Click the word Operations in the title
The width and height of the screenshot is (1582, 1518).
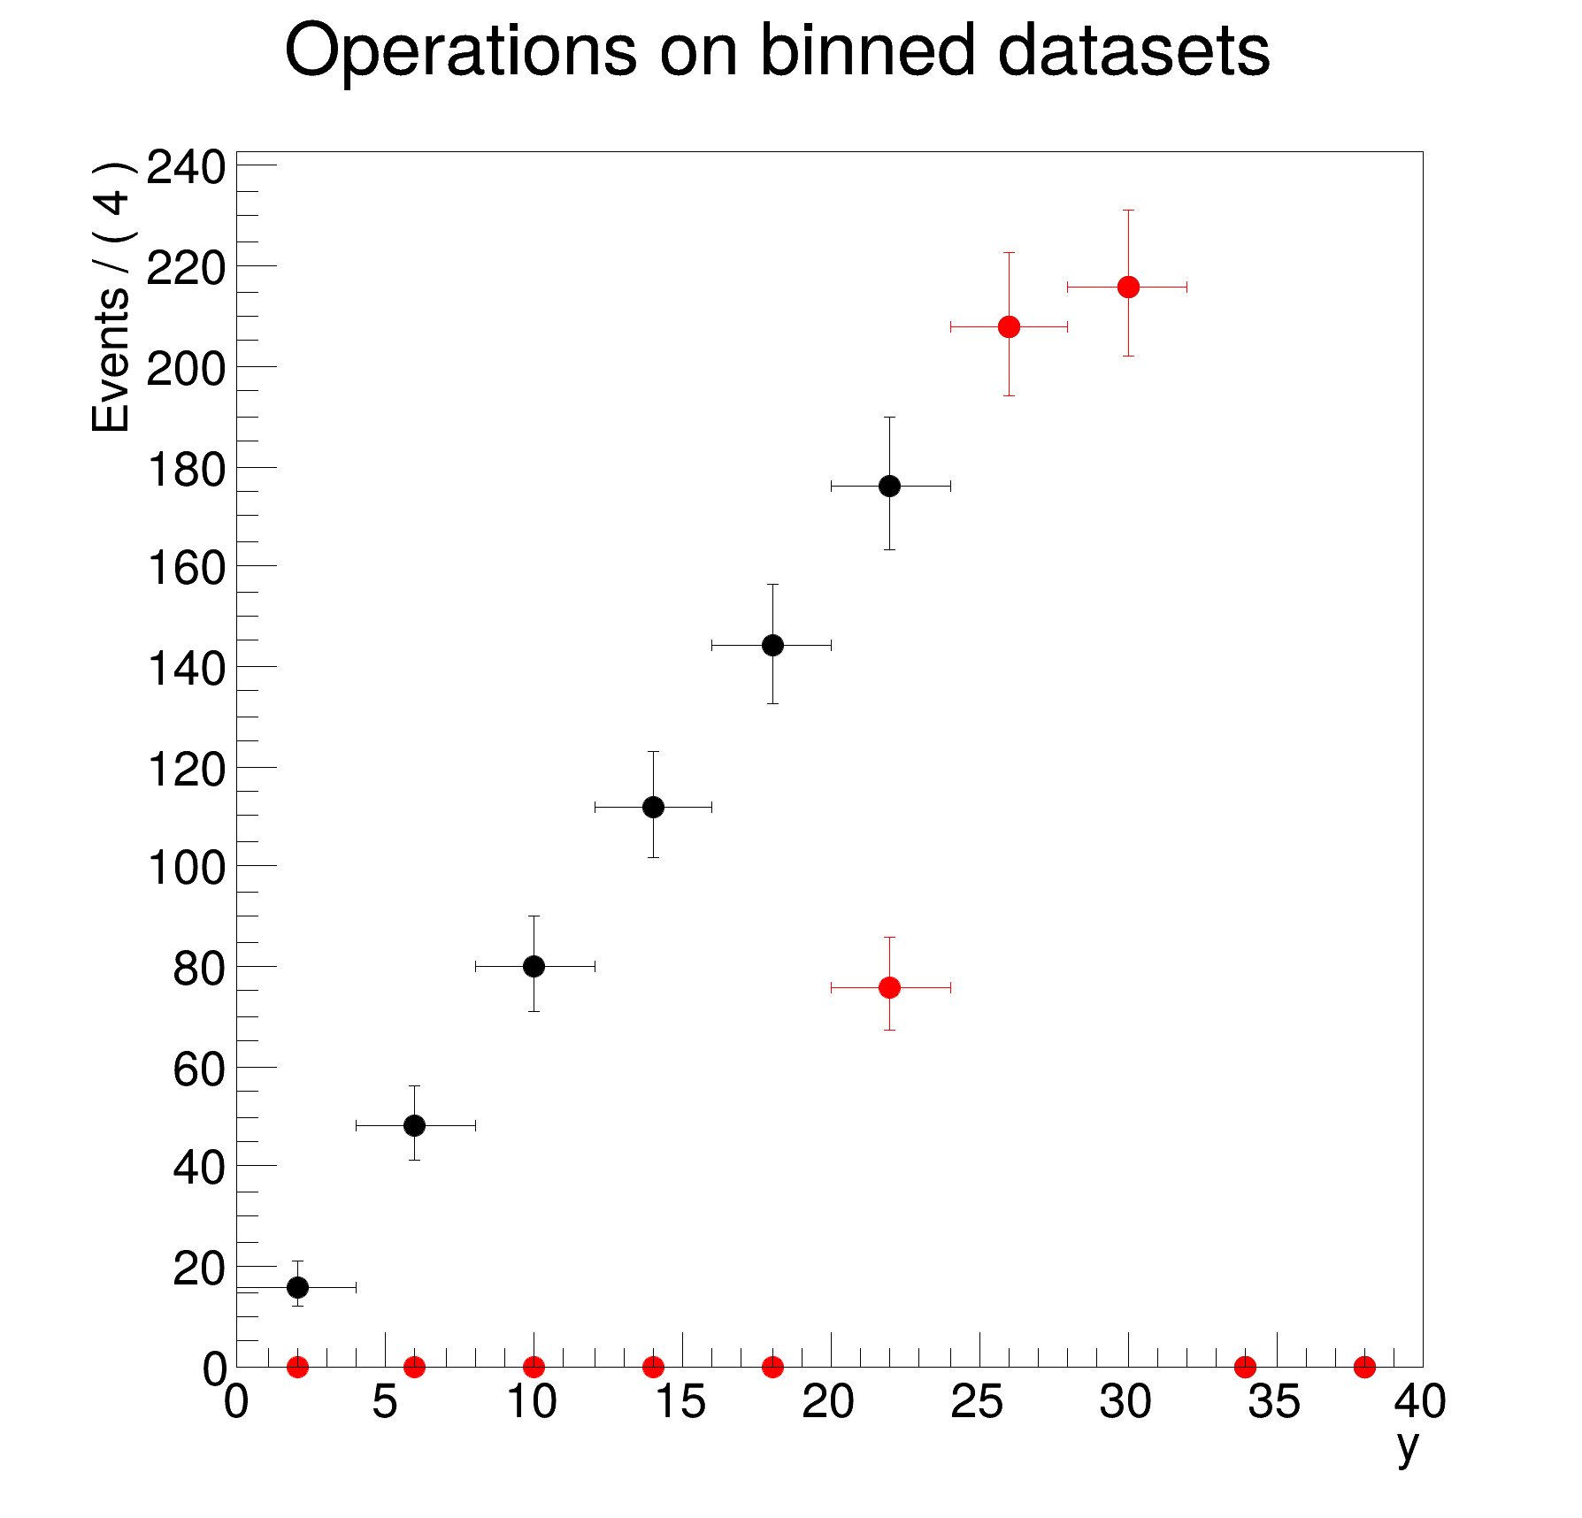click(x=460, y=51)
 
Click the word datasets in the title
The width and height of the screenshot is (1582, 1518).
click(x=1133, y=51)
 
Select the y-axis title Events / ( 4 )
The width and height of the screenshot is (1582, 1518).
click(x=112, y=296)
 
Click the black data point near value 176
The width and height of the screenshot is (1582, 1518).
click(x=890, y=486)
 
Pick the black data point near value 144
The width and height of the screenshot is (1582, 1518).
click(x=772, y=645)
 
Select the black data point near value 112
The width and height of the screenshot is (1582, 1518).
click(x=653, y=807)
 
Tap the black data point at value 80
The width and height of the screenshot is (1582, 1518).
click(x=534, y=966)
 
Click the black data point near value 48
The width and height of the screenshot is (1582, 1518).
click(x=414, y=1125)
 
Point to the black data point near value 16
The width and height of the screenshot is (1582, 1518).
click(x=298, y=1287)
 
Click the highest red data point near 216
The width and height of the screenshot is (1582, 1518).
click(x=1128, y=287)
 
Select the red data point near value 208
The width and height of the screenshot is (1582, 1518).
click(x=1009, y=326)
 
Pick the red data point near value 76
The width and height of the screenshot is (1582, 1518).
click(x=890, y=987)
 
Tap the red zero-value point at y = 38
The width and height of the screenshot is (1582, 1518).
click(x=1364, y=1367)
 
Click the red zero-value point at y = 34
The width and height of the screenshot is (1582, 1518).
click(x=1245, y=1367)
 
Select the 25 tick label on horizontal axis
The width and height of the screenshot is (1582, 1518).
click(x=977, y=1403)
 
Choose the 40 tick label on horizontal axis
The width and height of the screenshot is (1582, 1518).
click(x=1420, y=1403)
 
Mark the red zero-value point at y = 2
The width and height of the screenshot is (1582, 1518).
click(x=298, y=1367)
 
